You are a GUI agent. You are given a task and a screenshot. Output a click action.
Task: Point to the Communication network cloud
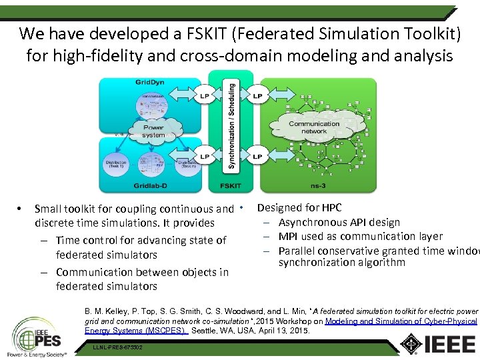click(313, 127)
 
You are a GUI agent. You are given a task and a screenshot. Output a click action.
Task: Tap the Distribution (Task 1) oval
click(117, 164)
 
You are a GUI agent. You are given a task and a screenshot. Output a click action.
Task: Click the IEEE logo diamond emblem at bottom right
click(410, 343)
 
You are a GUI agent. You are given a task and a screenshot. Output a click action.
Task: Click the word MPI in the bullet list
click(289, 236)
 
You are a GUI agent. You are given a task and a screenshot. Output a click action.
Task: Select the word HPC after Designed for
click(331, 207)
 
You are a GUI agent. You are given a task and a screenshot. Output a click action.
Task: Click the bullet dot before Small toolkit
click(21, 209)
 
